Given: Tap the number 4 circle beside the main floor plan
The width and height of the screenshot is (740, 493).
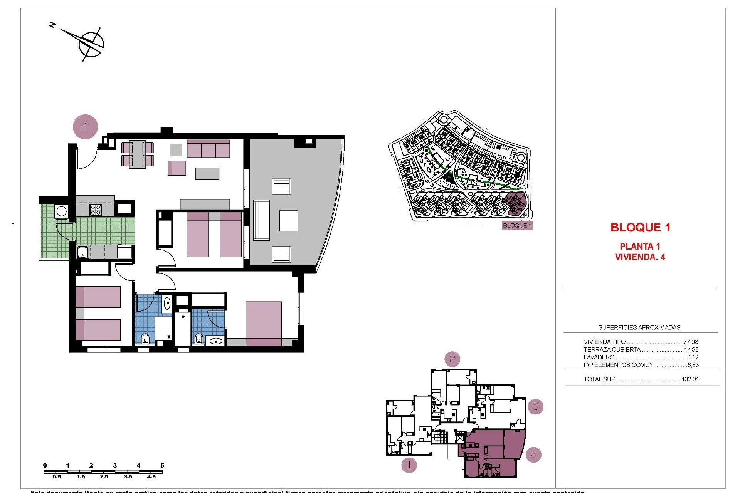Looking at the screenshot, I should [85, 126].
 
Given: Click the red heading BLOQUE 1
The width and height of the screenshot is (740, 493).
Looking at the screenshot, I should [640, 227].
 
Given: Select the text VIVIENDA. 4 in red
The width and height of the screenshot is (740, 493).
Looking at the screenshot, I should [640, 257].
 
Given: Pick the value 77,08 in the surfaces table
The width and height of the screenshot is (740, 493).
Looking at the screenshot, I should [690, 342].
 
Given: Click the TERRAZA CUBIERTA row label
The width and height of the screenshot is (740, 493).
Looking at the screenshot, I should [612, 350].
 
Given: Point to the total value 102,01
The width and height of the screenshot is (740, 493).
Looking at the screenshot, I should [690, 379].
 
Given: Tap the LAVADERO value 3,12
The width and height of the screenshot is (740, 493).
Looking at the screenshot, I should [693, 357].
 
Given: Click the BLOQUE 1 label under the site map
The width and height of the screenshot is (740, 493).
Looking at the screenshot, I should [517, 225].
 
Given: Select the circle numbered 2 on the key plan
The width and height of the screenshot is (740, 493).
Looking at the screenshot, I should [452, 359].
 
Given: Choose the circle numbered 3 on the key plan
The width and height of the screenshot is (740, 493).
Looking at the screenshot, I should [535, 406].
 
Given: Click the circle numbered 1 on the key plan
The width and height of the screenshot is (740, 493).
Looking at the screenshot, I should [409, 465].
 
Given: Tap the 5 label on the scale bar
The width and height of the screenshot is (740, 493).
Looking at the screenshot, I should [162, 466].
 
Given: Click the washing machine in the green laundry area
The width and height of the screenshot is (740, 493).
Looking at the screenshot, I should [61, 211].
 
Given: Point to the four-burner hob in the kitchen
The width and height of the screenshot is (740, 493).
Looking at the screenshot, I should [96, 210].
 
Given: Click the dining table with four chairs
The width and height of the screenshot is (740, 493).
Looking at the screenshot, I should [137, 154].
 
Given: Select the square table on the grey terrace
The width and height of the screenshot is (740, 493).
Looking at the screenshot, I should [288, 221].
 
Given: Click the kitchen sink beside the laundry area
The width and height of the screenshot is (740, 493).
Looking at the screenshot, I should [83, 252].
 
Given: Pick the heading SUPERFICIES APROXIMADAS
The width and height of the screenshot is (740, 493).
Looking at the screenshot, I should [639, 327].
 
